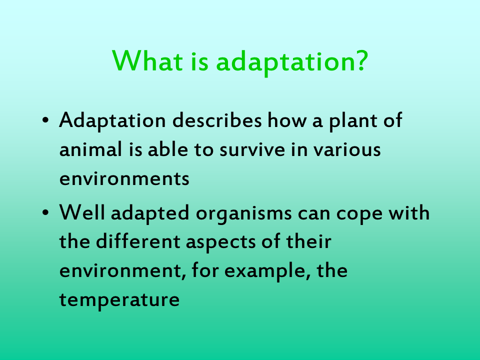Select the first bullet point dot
[45, 121]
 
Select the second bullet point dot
[45, 213]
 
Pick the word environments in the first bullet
[124, 178]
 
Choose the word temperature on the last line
[119, 300]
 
